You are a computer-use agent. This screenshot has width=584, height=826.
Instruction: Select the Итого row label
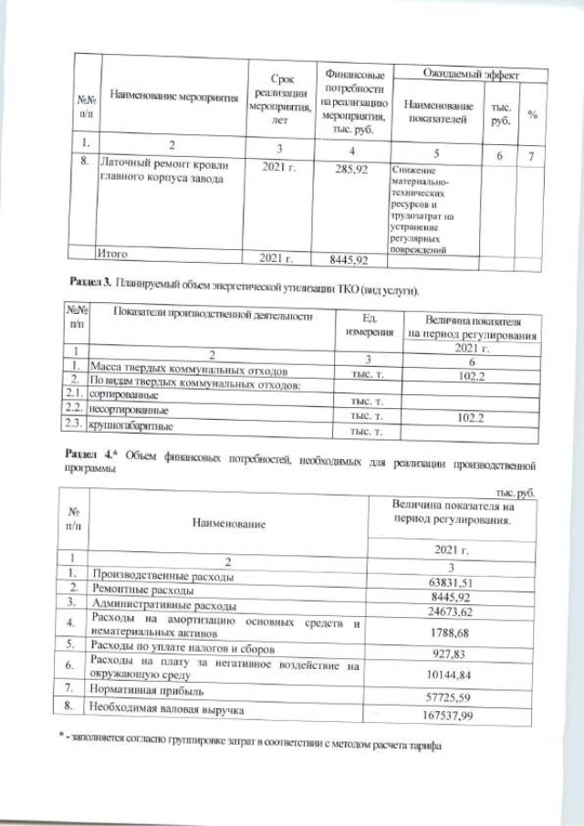[x=118, y=253]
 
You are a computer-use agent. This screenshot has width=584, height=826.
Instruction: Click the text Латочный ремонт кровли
[x=159, y=165]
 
